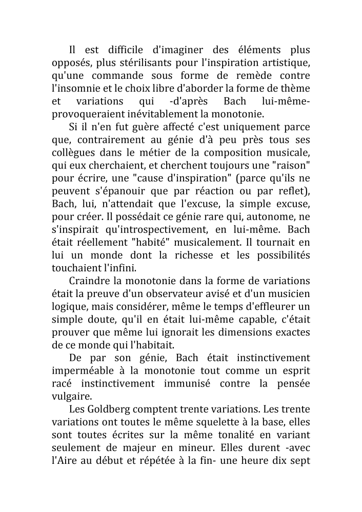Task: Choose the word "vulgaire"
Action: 72,397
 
